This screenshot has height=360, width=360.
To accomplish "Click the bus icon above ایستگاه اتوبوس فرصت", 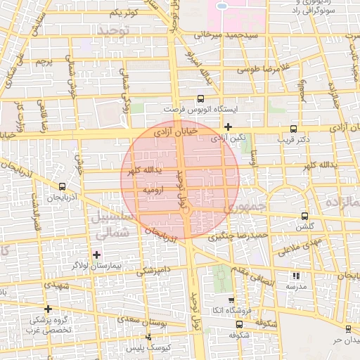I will (200, 99).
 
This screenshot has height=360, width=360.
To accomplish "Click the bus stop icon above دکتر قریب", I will (293, 129).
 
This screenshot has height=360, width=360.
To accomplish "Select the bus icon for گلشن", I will (304, 216).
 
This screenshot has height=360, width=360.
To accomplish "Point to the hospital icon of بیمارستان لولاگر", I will (96, 253).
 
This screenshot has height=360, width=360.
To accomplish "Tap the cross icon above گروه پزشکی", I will (48, 309).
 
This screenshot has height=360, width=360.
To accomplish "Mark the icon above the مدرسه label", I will (295, 276).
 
